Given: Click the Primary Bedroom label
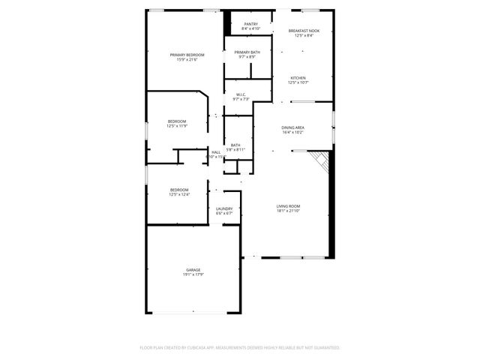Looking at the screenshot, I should click(x=187, y=55).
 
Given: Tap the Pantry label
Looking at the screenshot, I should click(x=250, y=24).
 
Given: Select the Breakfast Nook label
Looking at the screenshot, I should click(x=304, y=31).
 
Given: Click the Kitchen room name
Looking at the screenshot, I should click(x=298, y=78).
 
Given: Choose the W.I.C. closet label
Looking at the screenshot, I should click(x=241, y=94).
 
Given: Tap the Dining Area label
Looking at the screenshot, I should click(x=292, y=127).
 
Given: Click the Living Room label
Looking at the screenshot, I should click(x=288, y=205).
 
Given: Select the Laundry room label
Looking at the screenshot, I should click(x=224, y=209).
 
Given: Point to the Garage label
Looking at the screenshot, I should click(x=193, y=269).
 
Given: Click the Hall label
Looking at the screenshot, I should click(x=216, y=152).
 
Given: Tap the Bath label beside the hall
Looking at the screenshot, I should click(x=235, y=145).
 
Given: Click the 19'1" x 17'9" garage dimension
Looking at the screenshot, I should click(x=193, y=274).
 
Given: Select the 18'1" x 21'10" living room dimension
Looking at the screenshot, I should click(x=288, y=211).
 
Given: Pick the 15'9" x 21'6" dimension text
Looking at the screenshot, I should click(x=187, y=60).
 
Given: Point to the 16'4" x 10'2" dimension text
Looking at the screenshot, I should click(x=292, y=133).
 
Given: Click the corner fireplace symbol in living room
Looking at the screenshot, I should click(x=321, y=160).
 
